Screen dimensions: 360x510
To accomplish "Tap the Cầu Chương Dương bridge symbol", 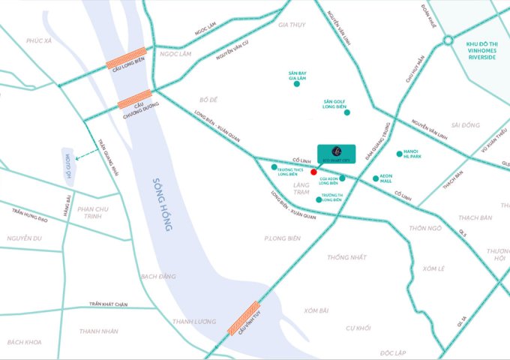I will pyautogui.click(x=135, y=98).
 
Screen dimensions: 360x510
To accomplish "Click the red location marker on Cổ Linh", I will pyautogui.click(x=313, y=172).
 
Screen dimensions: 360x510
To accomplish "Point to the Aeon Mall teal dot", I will pyautogui.click(x=376, y=178).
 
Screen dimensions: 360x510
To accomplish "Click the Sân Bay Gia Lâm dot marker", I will pyautogui.click(x=297, y=85).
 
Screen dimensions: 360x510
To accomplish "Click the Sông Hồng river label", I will pyautogui.click(x=163, y=203).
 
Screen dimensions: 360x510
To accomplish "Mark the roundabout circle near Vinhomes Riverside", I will pyautogui.click(x=448, y=40).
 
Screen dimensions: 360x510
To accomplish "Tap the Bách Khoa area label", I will pyautogui.click(x=22, y=342).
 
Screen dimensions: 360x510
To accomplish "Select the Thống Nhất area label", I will pyautogui.click(x=346, y=257).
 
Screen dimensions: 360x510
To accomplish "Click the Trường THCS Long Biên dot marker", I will pyautogui.click(x=274, y=166).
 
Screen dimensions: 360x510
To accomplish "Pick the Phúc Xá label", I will pyautogui.click(x=37, y=40).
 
